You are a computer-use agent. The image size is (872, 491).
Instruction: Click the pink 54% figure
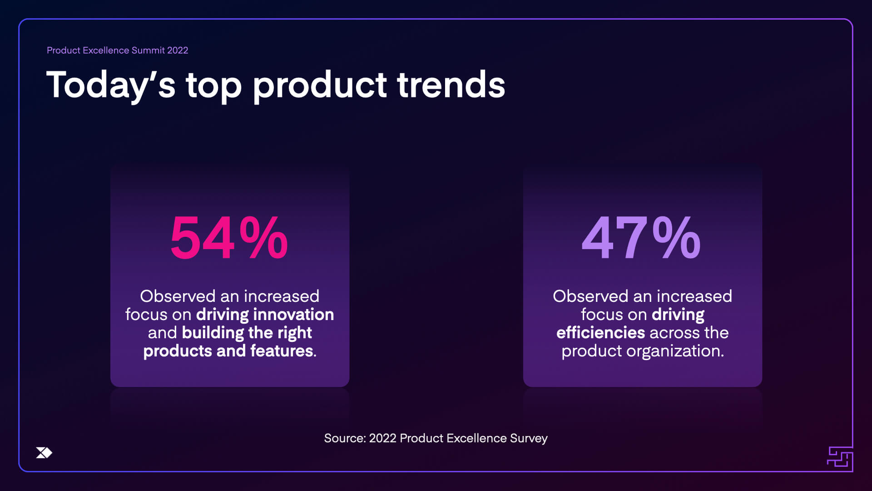(229, 238)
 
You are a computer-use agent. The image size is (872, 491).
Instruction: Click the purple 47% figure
(641, 238)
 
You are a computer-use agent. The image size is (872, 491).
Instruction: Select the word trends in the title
(451, 85)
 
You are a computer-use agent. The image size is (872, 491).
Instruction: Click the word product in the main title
(319, 85)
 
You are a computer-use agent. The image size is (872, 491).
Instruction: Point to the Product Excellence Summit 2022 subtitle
(117, 50)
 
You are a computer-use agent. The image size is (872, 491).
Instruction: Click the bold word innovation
(293, 315)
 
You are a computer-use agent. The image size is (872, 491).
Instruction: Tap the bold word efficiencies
(600, 333)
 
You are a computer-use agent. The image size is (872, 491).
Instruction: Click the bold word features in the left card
(282, 351)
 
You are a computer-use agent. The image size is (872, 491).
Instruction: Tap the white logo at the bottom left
(44, 453)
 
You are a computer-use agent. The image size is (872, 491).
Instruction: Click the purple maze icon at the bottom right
(840, 458)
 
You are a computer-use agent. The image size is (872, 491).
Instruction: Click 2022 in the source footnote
(382, 438)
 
